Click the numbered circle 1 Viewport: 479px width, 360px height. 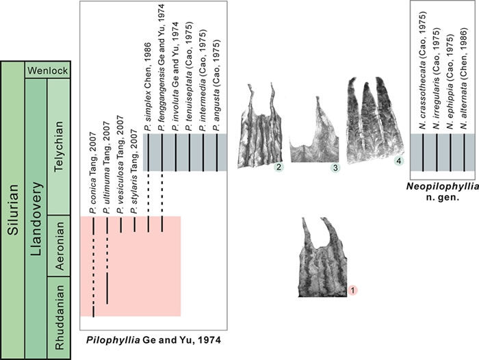[x=353, y=290]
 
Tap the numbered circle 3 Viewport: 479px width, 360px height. [x=335, y=168]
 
